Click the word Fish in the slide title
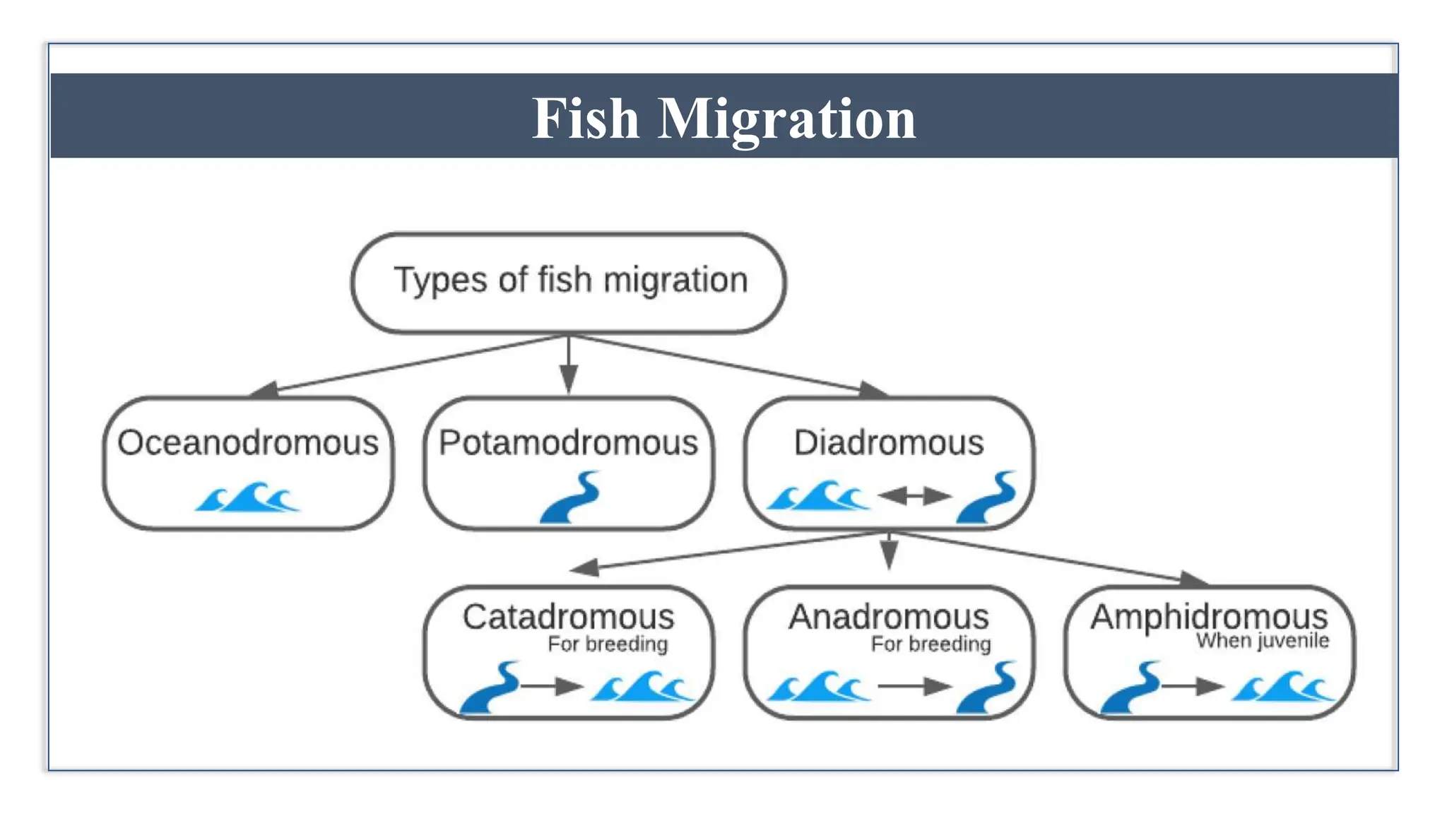point(586,119)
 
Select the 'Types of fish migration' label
point(570,280)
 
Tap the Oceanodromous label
point(248,443)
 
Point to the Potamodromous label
point(569,443)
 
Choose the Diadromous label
point(889,443)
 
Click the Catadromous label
point(569,617)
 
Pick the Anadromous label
point(889,617)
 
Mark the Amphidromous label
point(1209,617)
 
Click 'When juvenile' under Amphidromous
point(1263,641)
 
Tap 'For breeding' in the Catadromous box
point(608,644)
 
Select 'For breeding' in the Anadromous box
point(931,644)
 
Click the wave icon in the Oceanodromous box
point(248,497)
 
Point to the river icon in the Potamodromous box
point(570,497)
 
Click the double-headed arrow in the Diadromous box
point(914,497)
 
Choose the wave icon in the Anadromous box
point(819,686)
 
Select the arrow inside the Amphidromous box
point(1193,686)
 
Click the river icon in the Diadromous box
point(987,497)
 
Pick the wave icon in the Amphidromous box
point(1283,686)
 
